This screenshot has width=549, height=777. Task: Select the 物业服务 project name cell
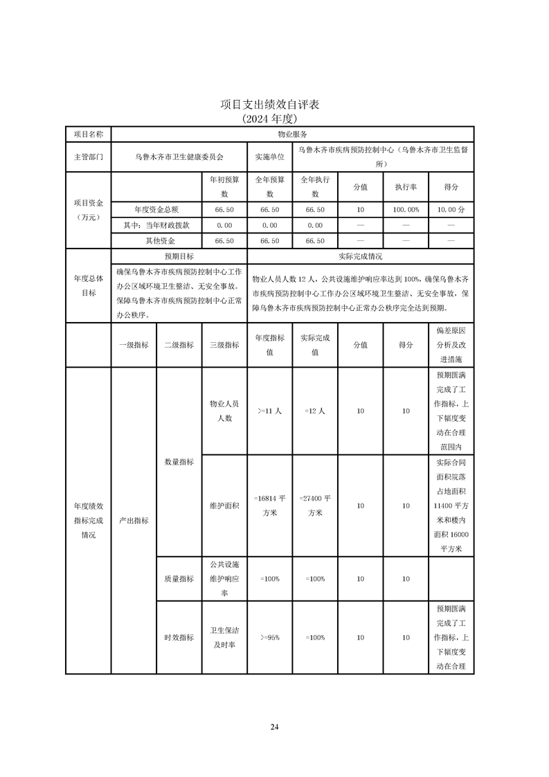pyautogui.click(x=292, y=134)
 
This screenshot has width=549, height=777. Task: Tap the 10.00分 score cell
pyautogui.click(x=451, y=209)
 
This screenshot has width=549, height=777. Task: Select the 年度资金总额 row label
pyautogui.click(x=156, y=209)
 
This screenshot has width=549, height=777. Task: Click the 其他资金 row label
pyautogui.click(x=156, y=241)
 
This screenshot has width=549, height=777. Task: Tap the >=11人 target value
pyautogui.click(x=269, y=411)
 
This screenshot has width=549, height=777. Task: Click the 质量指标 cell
pyautogui.click(x=179, y=579)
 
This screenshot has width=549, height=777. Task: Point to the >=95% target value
pyautogui.click(x=269, y=637)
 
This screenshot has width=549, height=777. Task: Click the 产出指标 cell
pyautogui.click(x=134, y=520)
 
